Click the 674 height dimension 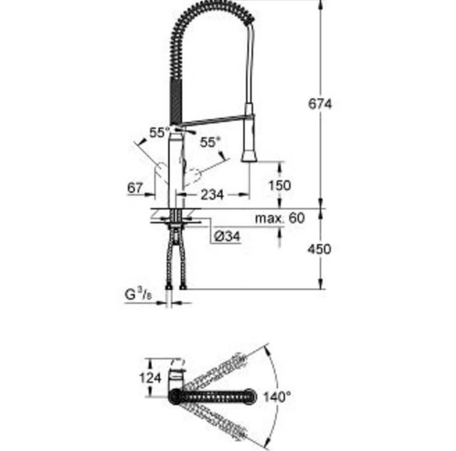pyautogui.click(x=320, y=104)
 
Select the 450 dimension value pyautogui.click(x=319, y=249)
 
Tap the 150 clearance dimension pyautogui.click(x=279, y=185)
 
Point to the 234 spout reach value pyautogui.click(x=212, y=194)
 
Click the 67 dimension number pyautogui.click(x=135, y=188)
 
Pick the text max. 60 pyautogui.click(x=280, y=218)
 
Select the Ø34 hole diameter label pyautogui.click(x=228, y=236)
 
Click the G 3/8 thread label pyautogui.click(x=138, y=295)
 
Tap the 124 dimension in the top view pyautogui.click(x=150, y=378)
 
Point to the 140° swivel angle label pyautogui.click(x=277, y=396)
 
